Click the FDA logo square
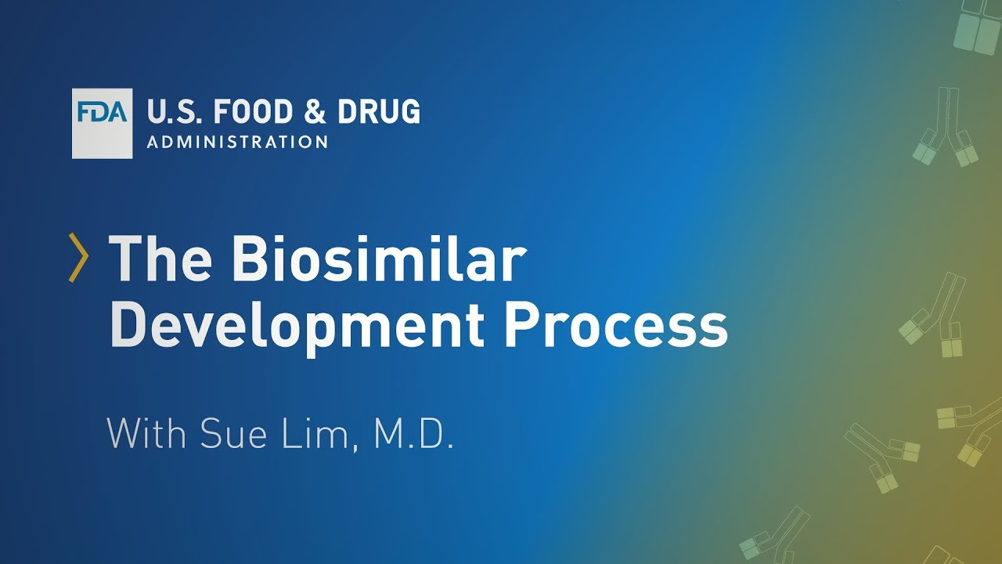102,124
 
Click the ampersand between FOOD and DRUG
315,113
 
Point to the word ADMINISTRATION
237,142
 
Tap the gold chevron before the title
78,257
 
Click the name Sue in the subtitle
231,434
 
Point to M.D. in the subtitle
413,434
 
